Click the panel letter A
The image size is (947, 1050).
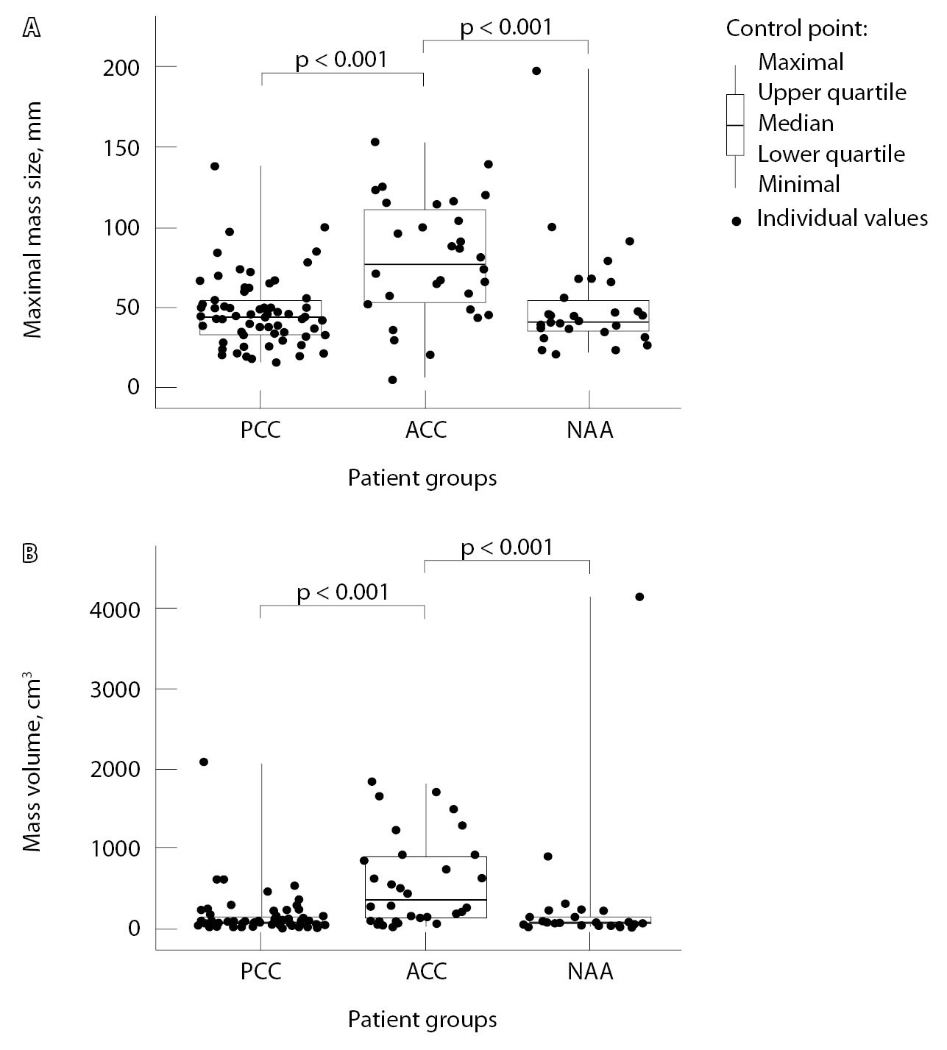tap(32, 29)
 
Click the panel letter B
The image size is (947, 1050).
tap(32, 554)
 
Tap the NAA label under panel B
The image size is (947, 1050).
tap(590, 972)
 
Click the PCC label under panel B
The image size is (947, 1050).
tap(261, 972)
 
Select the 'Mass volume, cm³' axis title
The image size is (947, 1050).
tap(32, 765)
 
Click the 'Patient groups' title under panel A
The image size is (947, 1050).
tap(422, 478)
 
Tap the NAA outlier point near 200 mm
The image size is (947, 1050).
tap(536, 71)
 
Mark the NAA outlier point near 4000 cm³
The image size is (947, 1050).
tap(639, 597)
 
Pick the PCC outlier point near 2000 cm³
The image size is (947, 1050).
tap(204, 762)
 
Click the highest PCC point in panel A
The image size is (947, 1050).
tap(215, 166)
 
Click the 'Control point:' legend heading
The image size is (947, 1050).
tap(797, 29)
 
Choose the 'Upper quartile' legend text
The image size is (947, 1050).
tap(831, 93)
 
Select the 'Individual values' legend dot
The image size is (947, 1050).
tap(737, 219)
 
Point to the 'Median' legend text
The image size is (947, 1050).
tap(795, 123)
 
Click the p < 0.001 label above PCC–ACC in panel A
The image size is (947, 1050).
tap(341, 60)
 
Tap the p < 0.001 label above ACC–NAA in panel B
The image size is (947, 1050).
tap(506, 547)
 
